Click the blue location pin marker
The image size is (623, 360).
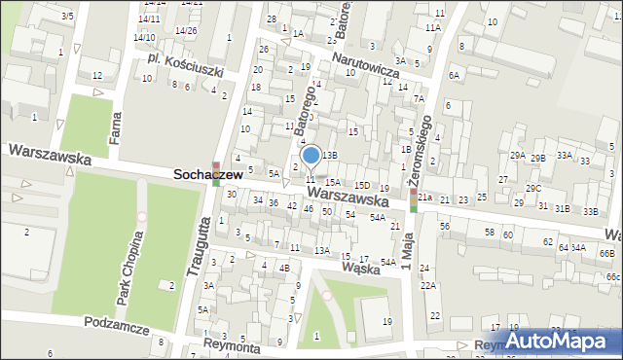tap(311, 156)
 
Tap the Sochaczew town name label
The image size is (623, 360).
tap(207, 175)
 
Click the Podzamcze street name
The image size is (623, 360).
tap(117, 327)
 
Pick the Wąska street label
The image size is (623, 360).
tap(361, 263)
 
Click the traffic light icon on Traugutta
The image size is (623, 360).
tap(216, 173)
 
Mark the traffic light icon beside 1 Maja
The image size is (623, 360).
tap(413, 199)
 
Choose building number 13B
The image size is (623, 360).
tap(330, 155)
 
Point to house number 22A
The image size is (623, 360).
tap(428, 286)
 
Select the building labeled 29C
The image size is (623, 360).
tap(532, 188)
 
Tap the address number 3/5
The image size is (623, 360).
tap(67, 17)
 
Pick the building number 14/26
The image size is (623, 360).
tap(186, 30)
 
